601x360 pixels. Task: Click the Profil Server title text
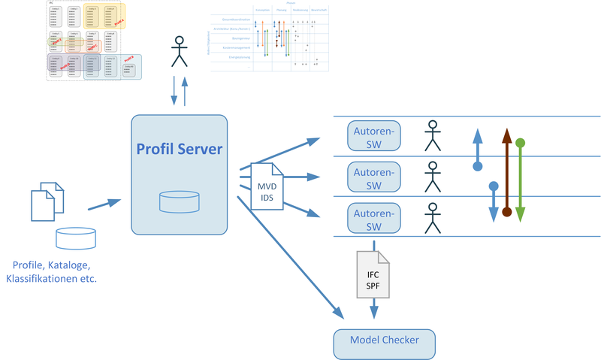[x=179, y=149]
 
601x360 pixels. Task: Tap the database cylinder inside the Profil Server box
[x=179, y=201]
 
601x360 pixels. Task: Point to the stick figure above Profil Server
[x=179, y=52]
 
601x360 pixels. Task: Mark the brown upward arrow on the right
[x=507, y=173]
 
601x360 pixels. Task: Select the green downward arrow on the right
[x=520, y=180]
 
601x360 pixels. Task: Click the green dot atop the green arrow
[x=520, y=142]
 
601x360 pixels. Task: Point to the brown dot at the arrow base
[x=507, y=213]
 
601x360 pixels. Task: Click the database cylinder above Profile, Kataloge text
[x=76, y=238]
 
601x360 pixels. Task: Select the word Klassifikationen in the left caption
[x=44, y=279]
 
